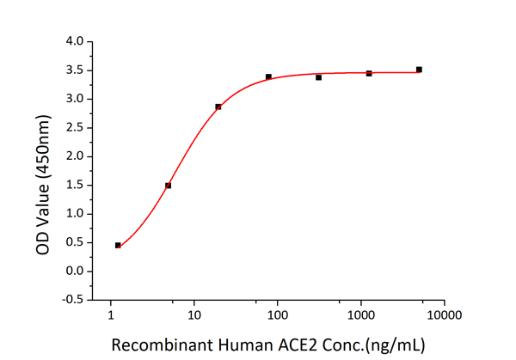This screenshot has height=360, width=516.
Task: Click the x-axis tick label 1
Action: point(111,315)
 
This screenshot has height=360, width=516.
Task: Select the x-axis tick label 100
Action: point(277,315)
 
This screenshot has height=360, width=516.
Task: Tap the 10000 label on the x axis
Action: point(444,315)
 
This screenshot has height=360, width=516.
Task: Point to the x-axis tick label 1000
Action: point(360,315)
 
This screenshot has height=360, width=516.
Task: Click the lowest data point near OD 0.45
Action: point(118,245)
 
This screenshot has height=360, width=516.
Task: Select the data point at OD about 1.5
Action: point(169,186)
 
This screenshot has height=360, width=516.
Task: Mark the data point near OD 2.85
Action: point(218,107)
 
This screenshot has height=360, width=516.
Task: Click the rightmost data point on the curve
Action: point(419,70)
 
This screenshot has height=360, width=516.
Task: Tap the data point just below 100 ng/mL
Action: point(268,76)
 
